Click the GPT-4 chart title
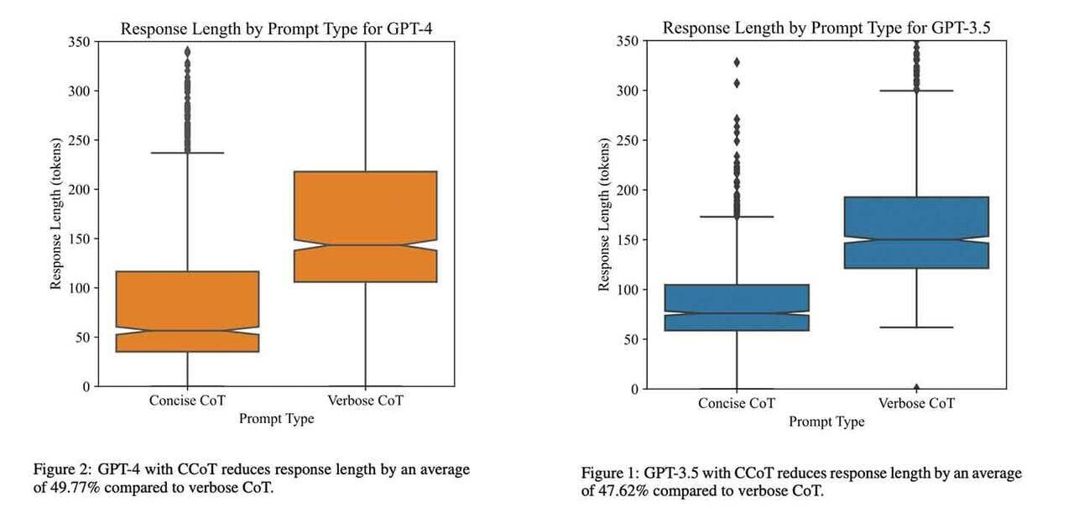click(276, 29)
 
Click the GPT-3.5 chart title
click(826, 28)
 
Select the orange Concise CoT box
click(187, 311)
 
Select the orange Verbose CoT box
click(365, 226)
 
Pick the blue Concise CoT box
click(737, 307)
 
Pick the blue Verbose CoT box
click(916, 233)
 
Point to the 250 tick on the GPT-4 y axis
click(80, 140)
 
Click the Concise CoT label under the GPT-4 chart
click(187, 400)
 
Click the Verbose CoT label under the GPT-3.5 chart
click(916, 404)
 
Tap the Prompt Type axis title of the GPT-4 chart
click(276, 419)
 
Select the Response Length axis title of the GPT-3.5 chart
click(603, 215)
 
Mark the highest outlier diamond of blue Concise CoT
click(737, 62)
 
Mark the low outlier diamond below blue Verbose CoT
click(916, 387)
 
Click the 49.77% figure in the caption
click(75, 487)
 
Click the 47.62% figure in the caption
click(623, 490)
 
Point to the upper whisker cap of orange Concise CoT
click(187, 153)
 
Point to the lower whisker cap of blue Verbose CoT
click(916, 327)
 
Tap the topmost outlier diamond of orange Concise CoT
click(187, 52)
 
